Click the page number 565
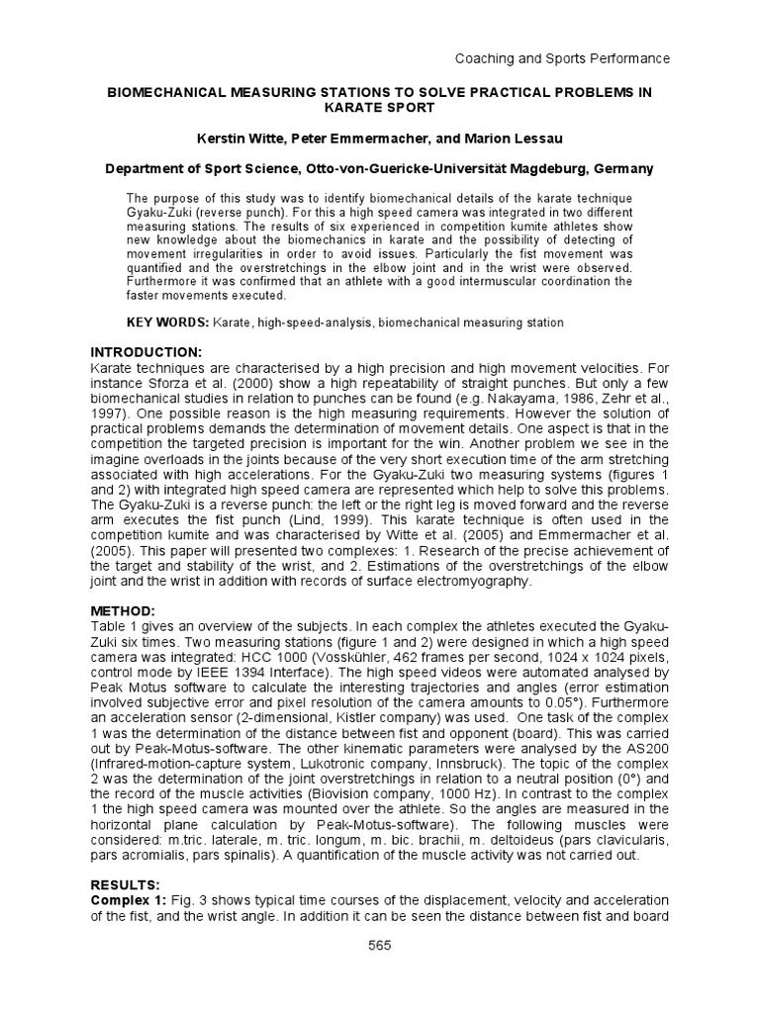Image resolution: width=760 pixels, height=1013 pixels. (x=379, y=946)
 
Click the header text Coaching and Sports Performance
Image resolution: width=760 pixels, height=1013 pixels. (x=561, y=58)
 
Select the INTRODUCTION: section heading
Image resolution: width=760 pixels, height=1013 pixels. (x=146, y=353)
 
